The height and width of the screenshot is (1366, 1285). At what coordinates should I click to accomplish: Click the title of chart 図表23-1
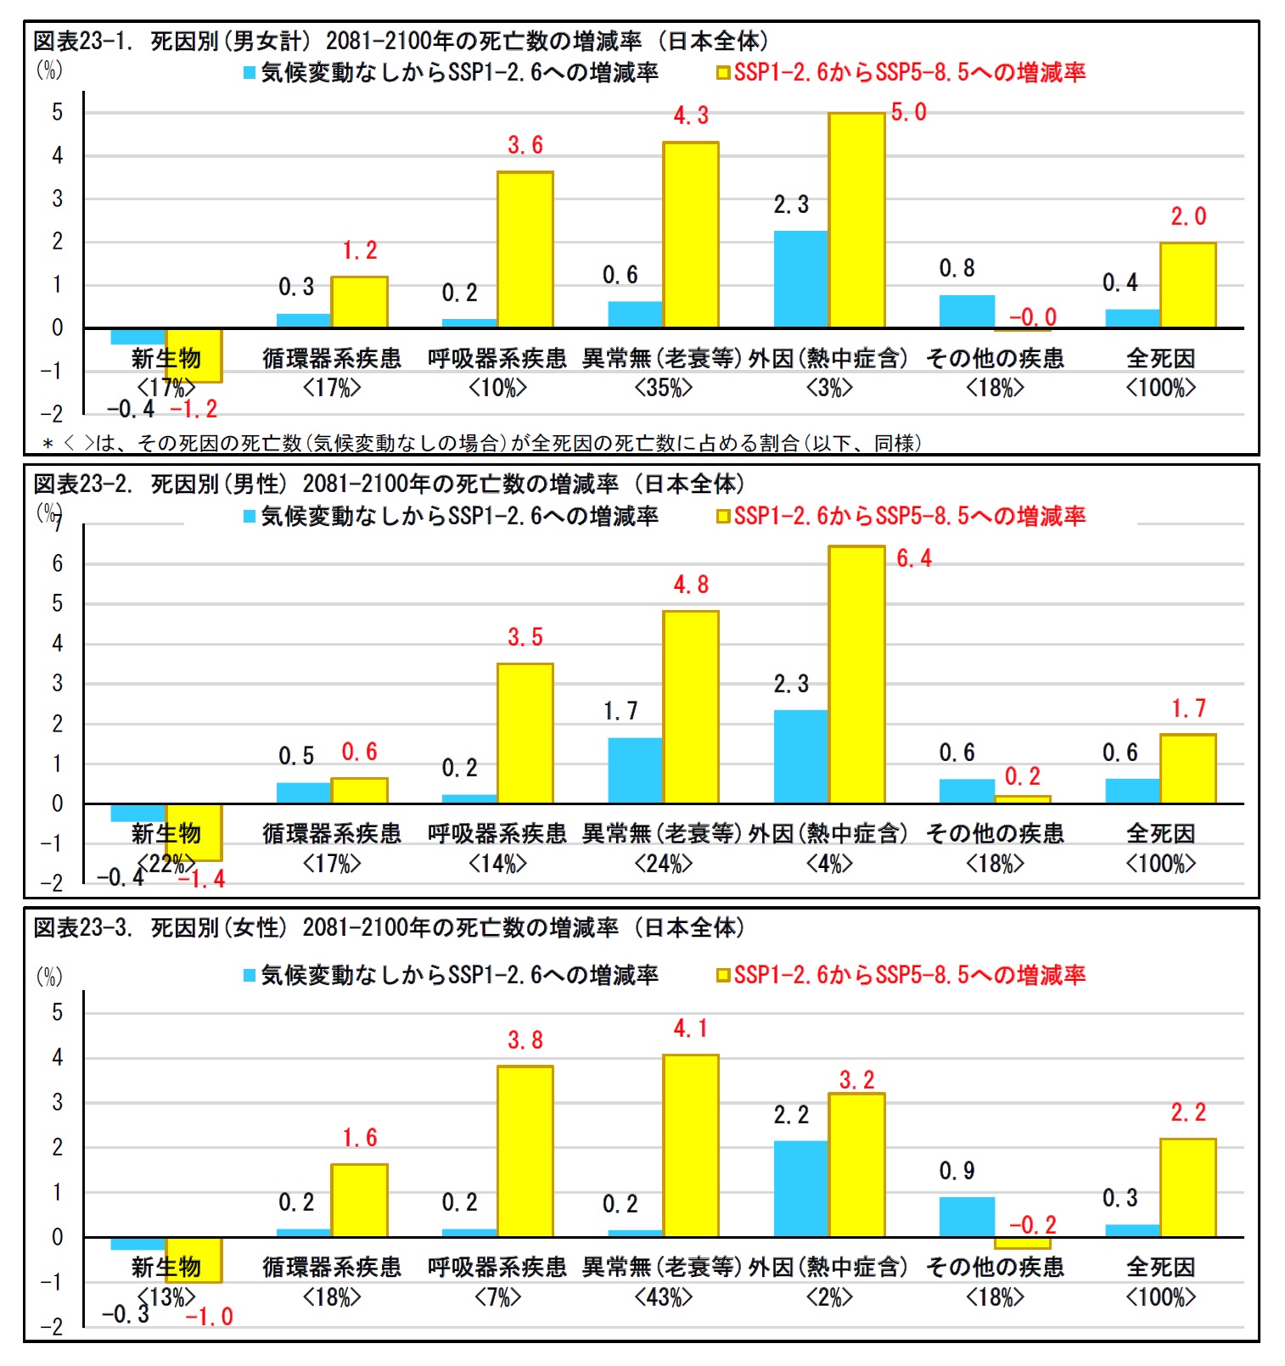(x=401, y=41)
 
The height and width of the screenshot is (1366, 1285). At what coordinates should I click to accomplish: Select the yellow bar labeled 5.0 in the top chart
(x=857, y=220)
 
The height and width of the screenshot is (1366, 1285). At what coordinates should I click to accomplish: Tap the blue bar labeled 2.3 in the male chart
(x=801, y=757)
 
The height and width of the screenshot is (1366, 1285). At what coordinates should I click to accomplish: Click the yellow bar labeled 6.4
(x=857, y=675)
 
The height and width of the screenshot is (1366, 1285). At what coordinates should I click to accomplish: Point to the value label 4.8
(x=691, y=585)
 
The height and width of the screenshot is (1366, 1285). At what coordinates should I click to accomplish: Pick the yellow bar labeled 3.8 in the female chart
(x=525, y=1151)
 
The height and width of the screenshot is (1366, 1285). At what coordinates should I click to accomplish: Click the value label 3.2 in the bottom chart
(x=856, y=1080)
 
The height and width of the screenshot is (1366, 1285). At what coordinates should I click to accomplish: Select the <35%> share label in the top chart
(x=664, y=388)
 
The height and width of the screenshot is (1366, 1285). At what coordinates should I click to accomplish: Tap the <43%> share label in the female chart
(x=664, y=1297)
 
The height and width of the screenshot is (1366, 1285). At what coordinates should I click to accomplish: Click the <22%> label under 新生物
(x=166, y=864)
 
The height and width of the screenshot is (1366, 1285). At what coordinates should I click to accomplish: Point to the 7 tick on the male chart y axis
(x=57, y=523)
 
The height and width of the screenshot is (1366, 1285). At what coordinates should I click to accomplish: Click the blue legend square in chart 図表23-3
(x=250, y=976)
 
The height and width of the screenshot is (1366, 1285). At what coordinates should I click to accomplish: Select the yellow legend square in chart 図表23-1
(x=723, y=73)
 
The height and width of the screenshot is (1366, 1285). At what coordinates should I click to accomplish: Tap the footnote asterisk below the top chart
(x=48, y=444)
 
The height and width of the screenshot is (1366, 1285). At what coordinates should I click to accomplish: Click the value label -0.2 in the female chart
(x=1033, y=1225)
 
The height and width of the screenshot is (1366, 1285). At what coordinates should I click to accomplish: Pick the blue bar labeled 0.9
(x=967, y=1217)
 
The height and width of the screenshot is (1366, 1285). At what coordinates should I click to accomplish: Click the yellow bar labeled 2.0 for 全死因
(x=1188, y=285)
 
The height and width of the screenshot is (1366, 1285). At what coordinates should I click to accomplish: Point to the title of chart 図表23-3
(x=389, y=927)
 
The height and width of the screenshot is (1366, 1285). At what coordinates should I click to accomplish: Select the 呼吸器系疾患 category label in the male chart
(x=497, y=834)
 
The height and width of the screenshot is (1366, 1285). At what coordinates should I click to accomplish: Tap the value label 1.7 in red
(x=1188, y=708)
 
